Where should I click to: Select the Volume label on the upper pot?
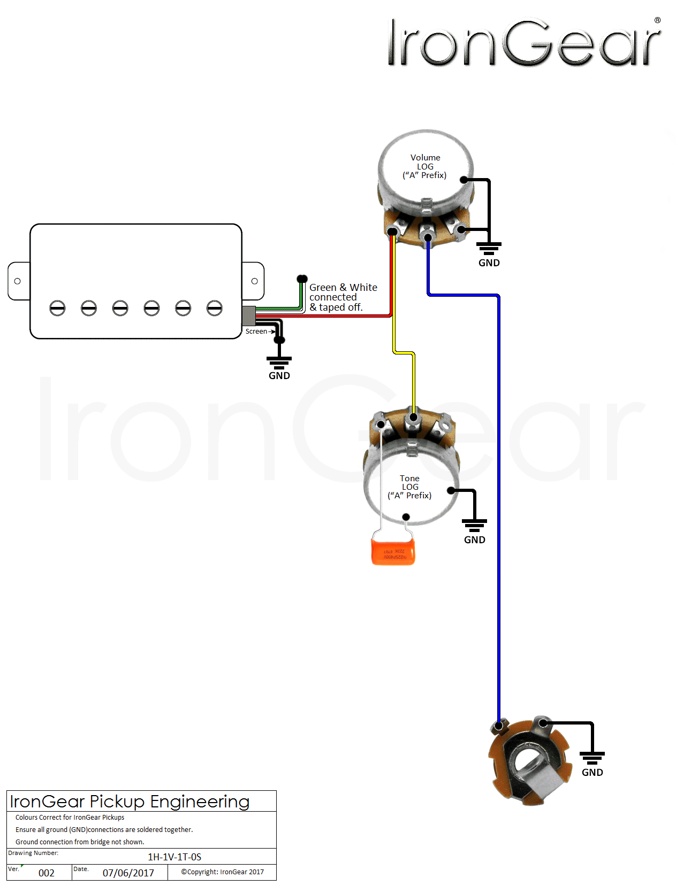point(425,158)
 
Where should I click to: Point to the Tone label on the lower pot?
point(409,479)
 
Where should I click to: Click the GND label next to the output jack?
point(592,773)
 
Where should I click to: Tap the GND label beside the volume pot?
point(489,263)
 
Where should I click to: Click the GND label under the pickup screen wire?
point(279,376)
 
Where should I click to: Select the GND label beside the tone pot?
point(474,540)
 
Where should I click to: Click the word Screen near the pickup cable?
point(256,332)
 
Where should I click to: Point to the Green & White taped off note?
point(343,297)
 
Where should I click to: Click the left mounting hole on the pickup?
point(18,281)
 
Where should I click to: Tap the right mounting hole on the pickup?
point(254,281)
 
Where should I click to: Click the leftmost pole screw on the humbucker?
point(57,308)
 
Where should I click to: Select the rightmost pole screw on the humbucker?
point(215,308)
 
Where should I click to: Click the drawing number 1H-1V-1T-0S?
point(174,857)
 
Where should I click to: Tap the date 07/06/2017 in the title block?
point(128,873)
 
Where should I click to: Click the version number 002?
point(47,873)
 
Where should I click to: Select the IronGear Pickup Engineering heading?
point(130,802)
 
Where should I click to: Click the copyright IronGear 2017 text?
point(222,872)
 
